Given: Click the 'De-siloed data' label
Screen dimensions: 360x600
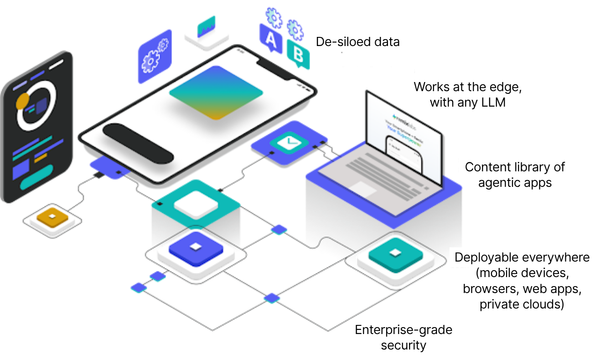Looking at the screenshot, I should tap(357, 42).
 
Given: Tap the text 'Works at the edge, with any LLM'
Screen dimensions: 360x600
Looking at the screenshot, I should tap(467, 94).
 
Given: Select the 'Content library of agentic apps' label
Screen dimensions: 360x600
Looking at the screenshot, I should tap(514, 175).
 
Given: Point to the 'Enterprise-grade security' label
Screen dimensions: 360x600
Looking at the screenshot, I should tap(403, 337).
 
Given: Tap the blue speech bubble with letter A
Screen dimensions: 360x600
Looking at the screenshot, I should tap(271, 40).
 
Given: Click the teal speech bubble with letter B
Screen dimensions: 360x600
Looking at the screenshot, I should tap(298, 56).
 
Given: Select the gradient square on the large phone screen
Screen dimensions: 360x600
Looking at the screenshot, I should tap(216, 93).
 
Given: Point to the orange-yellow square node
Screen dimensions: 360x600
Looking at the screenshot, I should tap(52, 217).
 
